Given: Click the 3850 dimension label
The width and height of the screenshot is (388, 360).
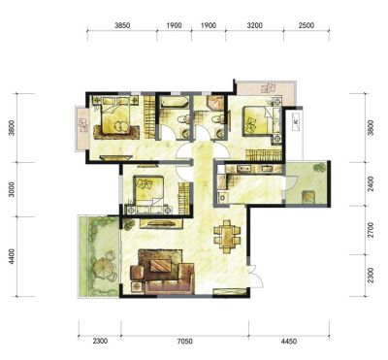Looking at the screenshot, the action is (x=122, y=25).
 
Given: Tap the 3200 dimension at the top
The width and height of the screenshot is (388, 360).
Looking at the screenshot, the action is (x=254, y=25).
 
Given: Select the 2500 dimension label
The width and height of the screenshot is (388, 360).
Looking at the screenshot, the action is (x=307, y=25).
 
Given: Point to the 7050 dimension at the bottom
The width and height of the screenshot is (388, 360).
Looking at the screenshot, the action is (x=184, y=342).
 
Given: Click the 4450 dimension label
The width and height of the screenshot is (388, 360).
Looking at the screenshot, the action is (x=289, y=342).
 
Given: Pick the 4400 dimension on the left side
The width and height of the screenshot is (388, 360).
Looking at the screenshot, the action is (x=12, y=256).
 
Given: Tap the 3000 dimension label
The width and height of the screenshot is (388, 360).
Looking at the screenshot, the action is (x=12, y=189).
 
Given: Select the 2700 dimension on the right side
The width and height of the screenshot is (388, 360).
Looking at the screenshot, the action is (x=371, y=230).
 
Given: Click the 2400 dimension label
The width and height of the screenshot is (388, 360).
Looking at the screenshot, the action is (x=371, y=183).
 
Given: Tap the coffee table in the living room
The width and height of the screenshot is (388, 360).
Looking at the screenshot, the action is (x=160, y=266).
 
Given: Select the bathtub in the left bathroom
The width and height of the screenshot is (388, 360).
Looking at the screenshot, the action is (x=175, y=102).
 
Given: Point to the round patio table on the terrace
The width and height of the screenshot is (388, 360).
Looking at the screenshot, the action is (x=103, y=268).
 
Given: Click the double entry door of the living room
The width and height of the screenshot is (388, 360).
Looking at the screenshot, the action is (x=255, y=276).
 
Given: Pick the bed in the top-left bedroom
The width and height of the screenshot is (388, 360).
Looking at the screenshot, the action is (x=115, y=115).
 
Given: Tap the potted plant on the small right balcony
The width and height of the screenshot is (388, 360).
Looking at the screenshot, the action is (x=320, y=167).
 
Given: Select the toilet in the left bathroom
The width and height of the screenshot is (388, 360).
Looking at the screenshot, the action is (x=182, y=119).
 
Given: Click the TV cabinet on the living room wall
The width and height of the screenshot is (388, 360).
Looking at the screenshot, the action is (x=161, y=223).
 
